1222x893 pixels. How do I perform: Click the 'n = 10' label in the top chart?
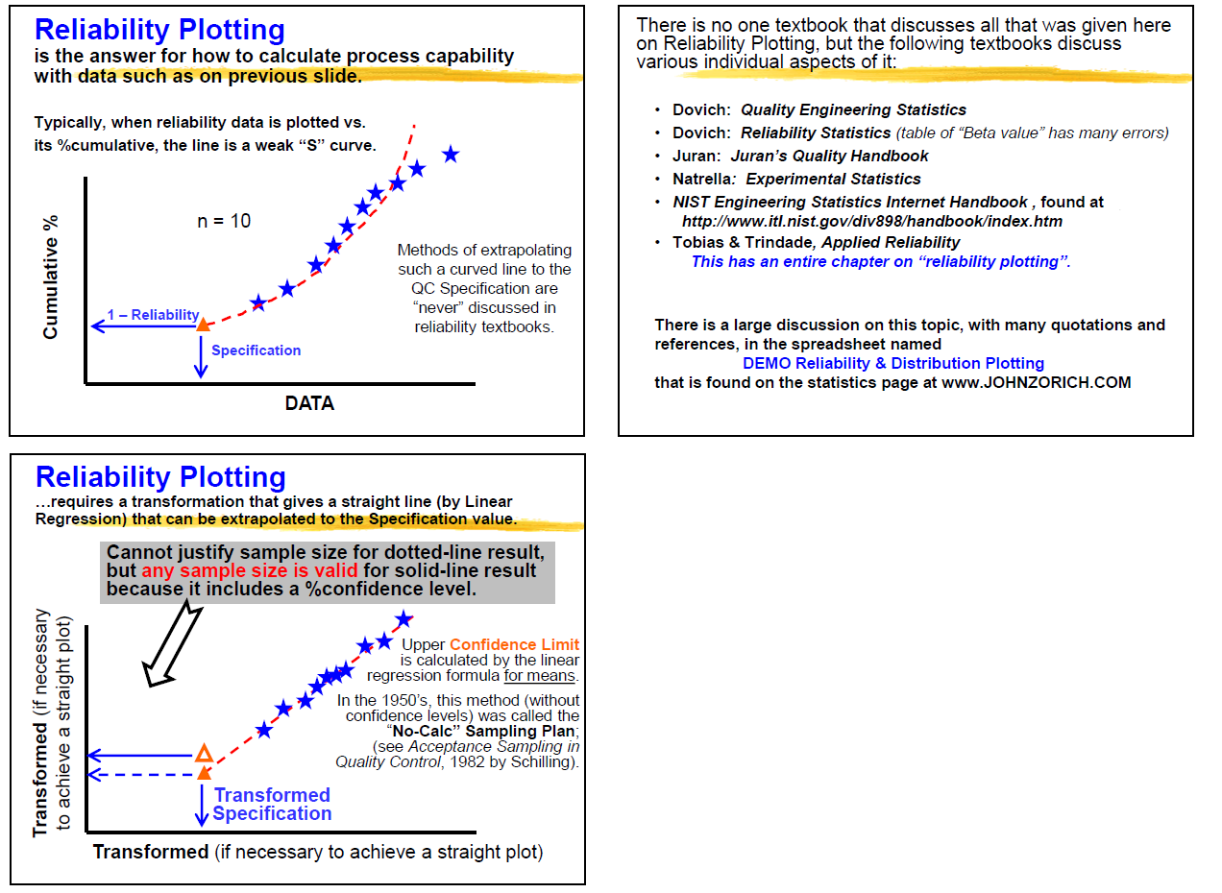click(224, 221)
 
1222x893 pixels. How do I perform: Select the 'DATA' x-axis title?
click(309, 403)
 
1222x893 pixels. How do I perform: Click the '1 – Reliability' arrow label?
click(153, 315)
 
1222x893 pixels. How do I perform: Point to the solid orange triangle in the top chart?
click(203, 325)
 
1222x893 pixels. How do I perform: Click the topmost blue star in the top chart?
click(450, 154)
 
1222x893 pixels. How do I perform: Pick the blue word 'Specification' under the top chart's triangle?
click(256, 350)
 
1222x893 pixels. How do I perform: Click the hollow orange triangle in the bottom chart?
click(203, 753)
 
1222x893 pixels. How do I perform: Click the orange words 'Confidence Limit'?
click(514, 645)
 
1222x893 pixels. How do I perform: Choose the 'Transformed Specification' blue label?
click(272, 804)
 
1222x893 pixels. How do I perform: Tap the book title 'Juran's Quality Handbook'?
click(829, 156)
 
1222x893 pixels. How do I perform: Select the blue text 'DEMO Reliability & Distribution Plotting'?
click(892, 363)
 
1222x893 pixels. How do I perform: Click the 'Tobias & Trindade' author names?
click(731, 242)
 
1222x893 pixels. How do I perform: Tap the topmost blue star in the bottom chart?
click(404, 619)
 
